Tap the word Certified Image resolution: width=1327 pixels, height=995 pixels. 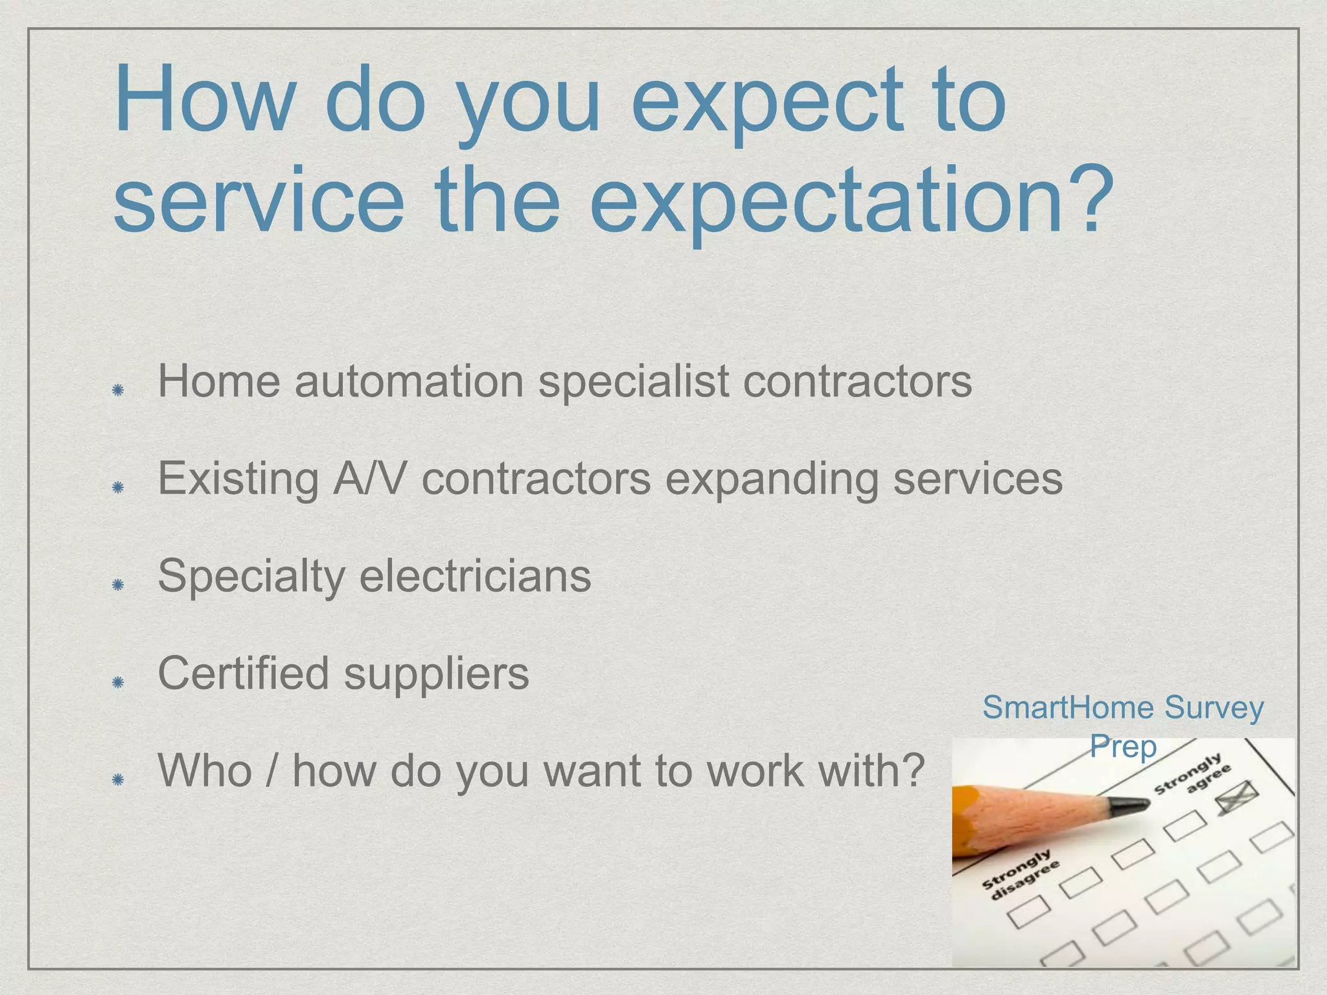[243, 673]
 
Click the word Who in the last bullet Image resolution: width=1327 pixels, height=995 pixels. [205, 771]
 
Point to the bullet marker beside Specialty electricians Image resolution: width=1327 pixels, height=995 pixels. [118, 585]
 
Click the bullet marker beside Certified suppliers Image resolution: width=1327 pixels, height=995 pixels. [118, 682]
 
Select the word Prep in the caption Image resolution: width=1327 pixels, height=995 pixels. [1123, 746]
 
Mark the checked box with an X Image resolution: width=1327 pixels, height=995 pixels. [1236, 796]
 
